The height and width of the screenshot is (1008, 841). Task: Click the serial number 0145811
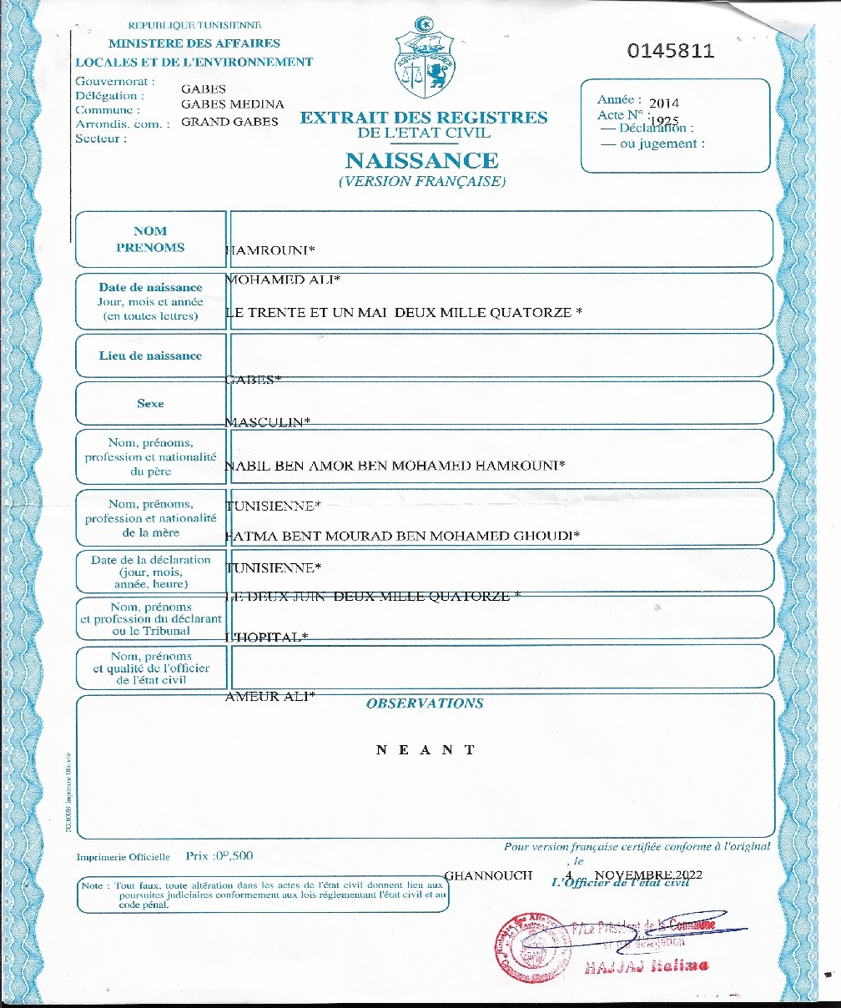tap(671, 50)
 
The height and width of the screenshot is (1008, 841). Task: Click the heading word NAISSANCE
tap(421, 160)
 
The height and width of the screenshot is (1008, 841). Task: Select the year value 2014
tap(664, 103)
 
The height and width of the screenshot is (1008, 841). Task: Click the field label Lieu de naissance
tap(150, 355)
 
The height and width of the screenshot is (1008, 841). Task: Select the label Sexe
tap(150, 404)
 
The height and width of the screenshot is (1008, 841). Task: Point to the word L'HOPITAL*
tap(267, 638)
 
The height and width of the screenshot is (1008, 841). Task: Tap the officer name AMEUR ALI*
tap(270, 696)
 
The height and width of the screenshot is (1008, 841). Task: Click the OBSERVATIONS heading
tap(425, 703)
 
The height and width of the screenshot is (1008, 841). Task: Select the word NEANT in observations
tap(426, 749)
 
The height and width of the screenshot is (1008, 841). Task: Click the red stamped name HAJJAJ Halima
tap(647, 966)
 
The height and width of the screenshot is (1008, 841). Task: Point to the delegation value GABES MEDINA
tap(233, 104)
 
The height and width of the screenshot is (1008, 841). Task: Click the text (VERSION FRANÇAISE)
tap(422, 181)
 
